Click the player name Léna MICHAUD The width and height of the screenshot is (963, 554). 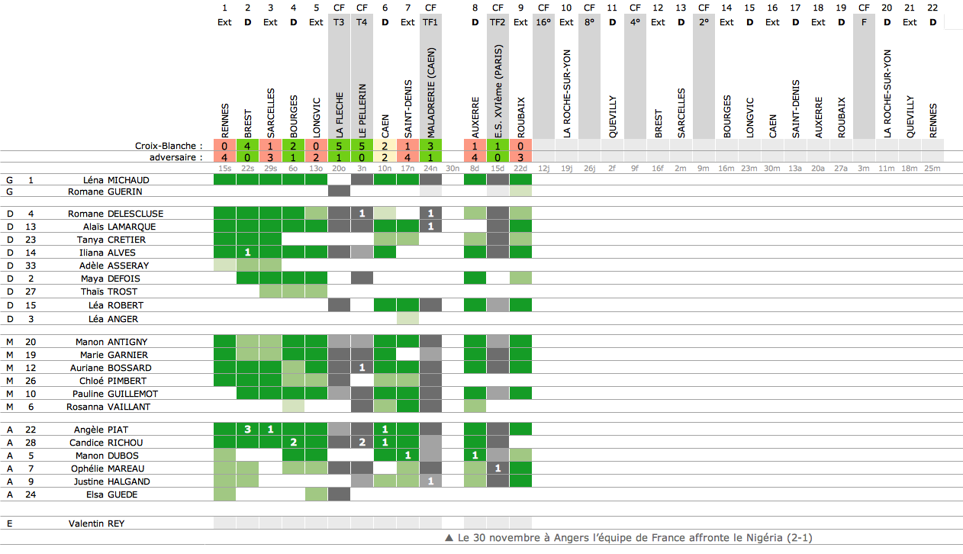[x=117, y=180]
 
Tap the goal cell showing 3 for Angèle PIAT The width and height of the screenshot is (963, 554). [x=247, y=430]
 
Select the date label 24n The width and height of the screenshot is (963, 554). [x=430, y=168]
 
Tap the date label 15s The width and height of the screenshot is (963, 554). [x=224, y=168]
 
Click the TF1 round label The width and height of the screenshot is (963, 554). [x=430, y=22]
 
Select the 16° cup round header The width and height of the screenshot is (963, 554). [x=543, y=22]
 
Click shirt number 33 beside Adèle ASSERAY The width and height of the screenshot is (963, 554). [x=31, y=266]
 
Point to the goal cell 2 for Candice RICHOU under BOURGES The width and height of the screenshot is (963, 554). [x=293, y=443]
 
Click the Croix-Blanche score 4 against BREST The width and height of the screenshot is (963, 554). [x=247, y=145]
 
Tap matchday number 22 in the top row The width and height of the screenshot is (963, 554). [x=932, y=8]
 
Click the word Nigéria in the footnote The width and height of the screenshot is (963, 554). [x=758, y=538]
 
